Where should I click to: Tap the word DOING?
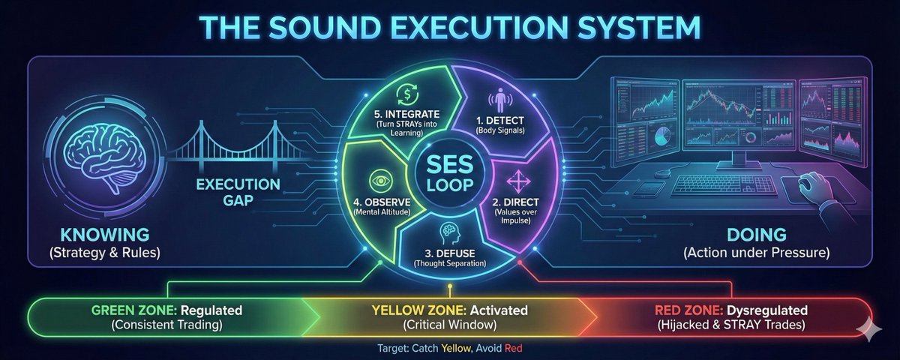[756, 235]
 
